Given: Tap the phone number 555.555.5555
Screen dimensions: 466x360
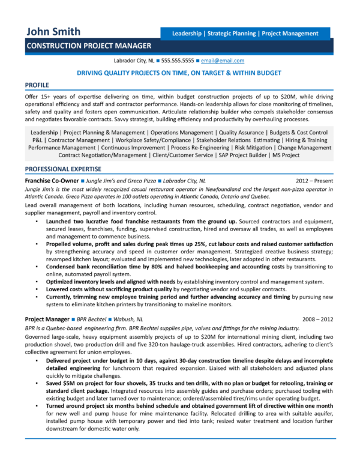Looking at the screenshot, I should [178, 61].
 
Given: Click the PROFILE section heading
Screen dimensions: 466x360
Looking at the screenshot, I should [37, 85].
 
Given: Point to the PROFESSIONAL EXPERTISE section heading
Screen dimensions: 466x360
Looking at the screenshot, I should [63, 169].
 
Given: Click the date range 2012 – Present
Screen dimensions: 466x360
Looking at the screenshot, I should [315, 180].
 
